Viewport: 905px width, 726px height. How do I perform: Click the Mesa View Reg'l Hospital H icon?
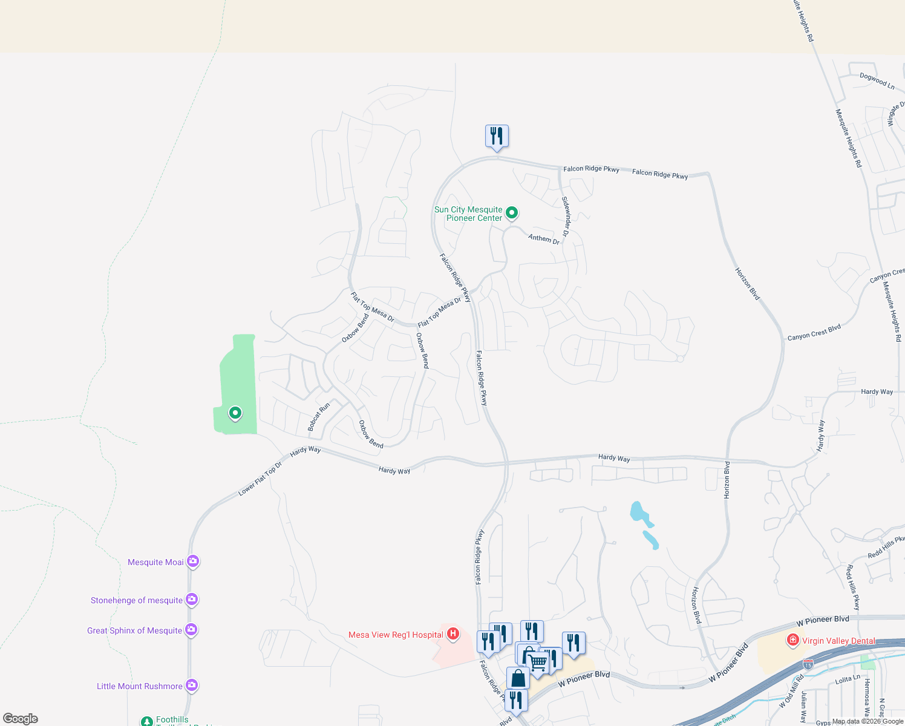pos(452,634)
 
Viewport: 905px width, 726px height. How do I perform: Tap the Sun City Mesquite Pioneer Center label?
pos(468,214)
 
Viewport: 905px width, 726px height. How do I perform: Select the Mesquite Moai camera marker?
pos(192,561)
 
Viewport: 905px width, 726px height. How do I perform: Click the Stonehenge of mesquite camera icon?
pos(191,600)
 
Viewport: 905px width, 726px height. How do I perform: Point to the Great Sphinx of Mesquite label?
pos(134,630)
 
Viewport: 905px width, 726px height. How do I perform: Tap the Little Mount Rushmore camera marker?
pos(191,685)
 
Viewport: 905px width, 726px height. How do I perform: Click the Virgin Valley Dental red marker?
pos(792,640)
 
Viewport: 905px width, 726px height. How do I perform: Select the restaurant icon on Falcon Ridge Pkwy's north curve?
pos(497,136)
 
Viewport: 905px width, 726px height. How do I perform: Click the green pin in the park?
pos(235,413)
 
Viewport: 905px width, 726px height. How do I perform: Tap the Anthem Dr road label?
pos(544,238)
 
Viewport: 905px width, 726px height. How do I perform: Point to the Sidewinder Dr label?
pos(566,217)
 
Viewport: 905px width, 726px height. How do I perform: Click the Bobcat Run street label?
pos(318,417)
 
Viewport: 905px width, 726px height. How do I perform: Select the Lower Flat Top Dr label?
pos(260,481)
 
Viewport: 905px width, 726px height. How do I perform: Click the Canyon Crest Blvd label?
pos(814,333)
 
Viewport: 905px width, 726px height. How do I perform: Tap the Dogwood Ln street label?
pos(877,81)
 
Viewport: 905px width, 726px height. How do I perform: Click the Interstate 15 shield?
pos(808,664)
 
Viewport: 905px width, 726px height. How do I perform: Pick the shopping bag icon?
pos(518,678)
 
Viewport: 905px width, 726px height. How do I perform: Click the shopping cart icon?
pos(538,661)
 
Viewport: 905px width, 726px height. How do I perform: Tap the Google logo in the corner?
pos(21,719)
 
